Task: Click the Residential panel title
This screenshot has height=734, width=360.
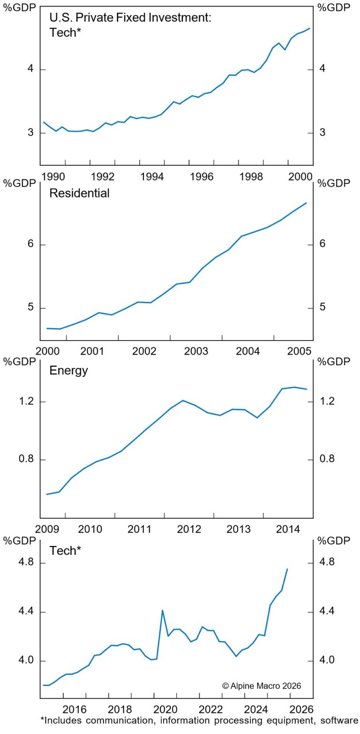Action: (79, 193)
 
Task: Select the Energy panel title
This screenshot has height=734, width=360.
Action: (68, 371)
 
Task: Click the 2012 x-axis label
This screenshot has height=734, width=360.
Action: (189, 530)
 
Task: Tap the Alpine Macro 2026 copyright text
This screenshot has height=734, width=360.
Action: (262, 686)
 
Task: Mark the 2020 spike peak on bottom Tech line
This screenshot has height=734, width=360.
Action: (162, 610)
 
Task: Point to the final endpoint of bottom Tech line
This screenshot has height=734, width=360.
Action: (287, 569)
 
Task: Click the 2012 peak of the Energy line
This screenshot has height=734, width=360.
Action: (183, 400)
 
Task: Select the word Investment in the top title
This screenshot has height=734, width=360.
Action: (180, 18)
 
